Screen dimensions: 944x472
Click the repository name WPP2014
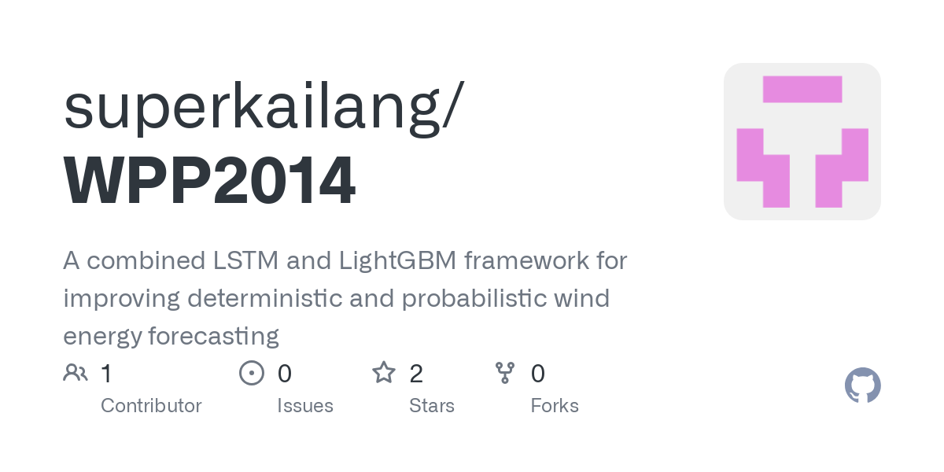click(x=209, y=180)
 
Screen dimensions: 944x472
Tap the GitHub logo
click(x=863, y=385)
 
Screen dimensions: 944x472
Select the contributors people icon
click(x=76, y=373)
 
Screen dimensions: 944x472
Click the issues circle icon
click(x=252, y=373)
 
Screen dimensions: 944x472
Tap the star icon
click(x=384, y=373)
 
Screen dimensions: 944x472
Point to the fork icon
click(x=505, y=373)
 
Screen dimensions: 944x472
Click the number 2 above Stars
click(x=416, y=374)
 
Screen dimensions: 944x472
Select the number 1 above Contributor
click(x=107, y=374)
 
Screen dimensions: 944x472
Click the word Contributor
click(x=151, y=405)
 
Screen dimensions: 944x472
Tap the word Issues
click(x=305, y=405)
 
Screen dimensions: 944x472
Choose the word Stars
click(x=432, y=405)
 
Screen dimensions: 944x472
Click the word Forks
click(x=555, y=405)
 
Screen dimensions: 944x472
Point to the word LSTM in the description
click(x=245, y=260)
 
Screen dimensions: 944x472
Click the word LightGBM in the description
click(x=397, y=261)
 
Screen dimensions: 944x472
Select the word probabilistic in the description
click(x=474, y=298)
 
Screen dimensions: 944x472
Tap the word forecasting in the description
click(x=214, y=337)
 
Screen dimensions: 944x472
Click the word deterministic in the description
click(x=264, y=298)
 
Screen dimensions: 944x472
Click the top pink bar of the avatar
click(x=802, y=90)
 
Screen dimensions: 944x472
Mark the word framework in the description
click(x=526, y=260)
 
